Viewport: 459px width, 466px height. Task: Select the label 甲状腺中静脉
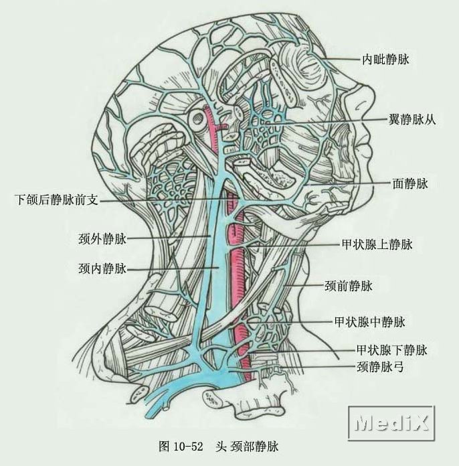[369, 322]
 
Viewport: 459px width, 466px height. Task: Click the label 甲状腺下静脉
[391, 349]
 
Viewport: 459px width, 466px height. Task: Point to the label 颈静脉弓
[379, 367]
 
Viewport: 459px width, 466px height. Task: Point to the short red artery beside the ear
[213, 124]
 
